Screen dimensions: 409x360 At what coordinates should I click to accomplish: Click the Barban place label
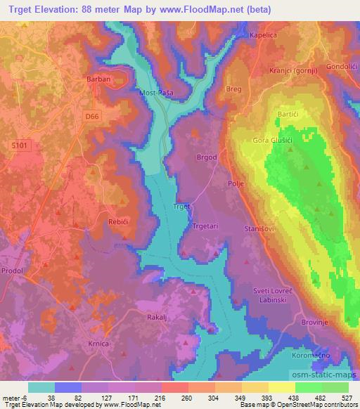[x=99, y=79]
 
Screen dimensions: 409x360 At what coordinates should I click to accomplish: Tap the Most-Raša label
[x=157, y=93]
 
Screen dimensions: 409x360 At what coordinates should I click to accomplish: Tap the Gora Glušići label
[x=272, y=141]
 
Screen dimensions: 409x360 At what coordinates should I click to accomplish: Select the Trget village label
[x=181, y=207]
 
